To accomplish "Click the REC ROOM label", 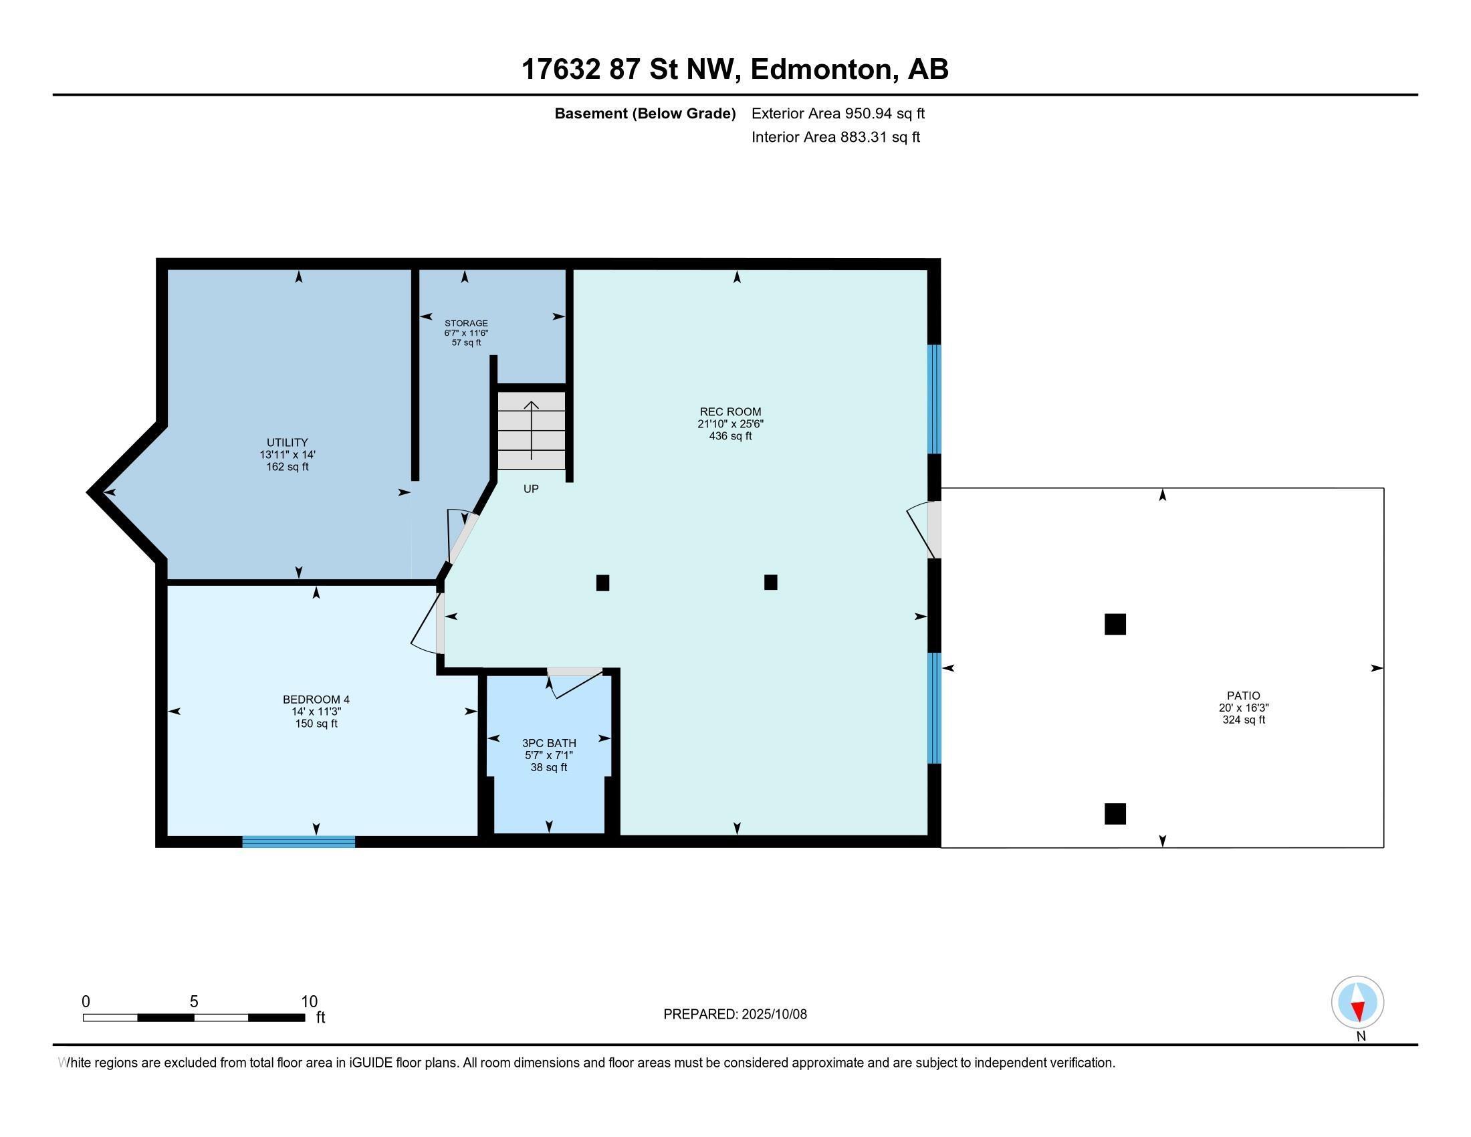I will (x=730, y=411).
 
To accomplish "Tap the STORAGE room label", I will (x=466, y=323).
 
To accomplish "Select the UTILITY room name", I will (x=288, y=443).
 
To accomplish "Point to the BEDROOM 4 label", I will (x=316, y=700).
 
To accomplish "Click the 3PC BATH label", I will (x=549, y=743).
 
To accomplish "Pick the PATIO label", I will (x=1244, y=696).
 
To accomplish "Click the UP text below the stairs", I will (x=531, y=489).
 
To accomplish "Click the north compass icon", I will (x=1357, y=1003).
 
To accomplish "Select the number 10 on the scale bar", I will (x=309, y=1002).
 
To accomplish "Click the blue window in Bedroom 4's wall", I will (x=298, y=841).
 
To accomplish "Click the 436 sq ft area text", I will (x=730, y=437).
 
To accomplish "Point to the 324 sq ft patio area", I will (x=1244, y=720).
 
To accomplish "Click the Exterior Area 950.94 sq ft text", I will (x=838, y=114).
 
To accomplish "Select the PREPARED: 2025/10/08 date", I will (x=735, y=1015).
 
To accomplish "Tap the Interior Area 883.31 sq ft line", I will (x=835, y=137).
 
